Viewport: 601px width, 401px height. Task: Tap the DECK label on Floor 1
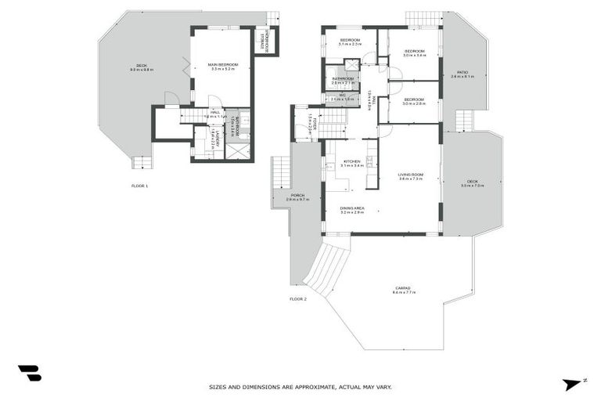point(142,66)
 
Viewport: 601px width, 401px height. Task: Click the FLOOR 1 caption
point(139,186)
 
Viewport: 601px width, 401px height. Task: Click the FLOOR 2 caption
point(298,298)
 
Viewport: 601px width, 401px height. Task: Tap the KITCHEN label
point(352,162)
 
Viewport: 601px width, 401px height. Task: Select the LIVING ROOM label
point(410,175)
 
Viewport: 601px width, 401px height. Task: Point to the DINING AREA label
point(352,208)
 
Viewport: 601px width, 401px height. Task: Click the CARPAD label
point(404,289)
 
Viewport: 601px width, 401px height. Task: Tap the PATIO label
point(462,74)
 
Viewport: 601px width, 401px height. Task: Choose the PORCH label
point(297,197)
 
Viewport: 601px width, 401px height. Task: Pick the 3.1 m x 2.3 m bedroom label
point(349,41)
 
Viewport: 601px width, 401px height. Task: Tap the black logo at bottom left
point(29,373)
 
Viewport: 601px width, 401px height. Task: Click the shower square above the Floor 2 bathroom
point(352,64)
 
